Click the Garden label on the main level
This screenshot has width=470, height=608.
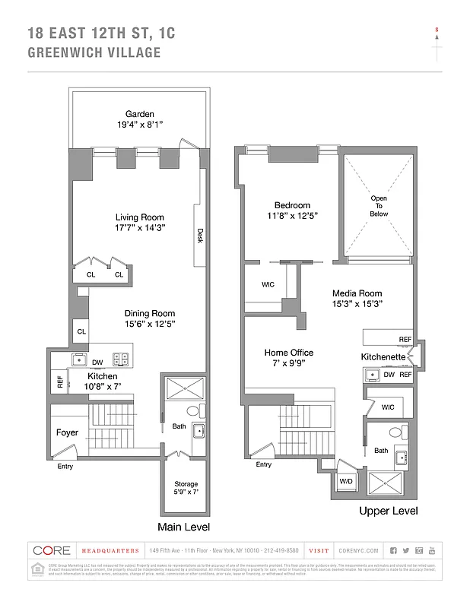(140, 114)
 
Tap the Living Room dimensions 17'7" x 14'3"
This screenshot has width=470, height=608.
(140, 227)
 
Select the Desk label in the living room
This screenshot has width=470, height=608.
(200, 237)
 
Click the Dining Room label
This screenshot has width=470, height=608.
(150, 313)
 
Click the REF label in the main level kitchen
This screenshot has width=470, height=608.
(60, 382)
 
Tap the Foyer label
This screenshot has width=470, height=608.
(68, 433)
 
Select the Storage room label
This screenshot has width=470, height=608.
(186, 484)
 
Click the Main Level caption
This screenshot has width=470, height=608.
(183, 527)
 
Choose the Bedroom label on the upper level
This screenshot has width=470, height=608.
(293, 205)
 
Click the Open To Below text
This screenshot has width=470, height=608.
(379, 206)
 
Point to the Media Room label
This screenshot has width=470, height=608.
(357, 293)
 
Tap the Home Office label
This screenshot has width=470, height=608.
(288, 353)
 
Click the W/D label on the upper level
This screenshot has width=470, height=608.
(345, 481)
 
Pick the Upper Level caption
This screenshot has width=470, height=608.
(388, 511)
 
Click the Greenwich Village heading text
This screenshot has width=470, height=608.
(94, 53)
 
